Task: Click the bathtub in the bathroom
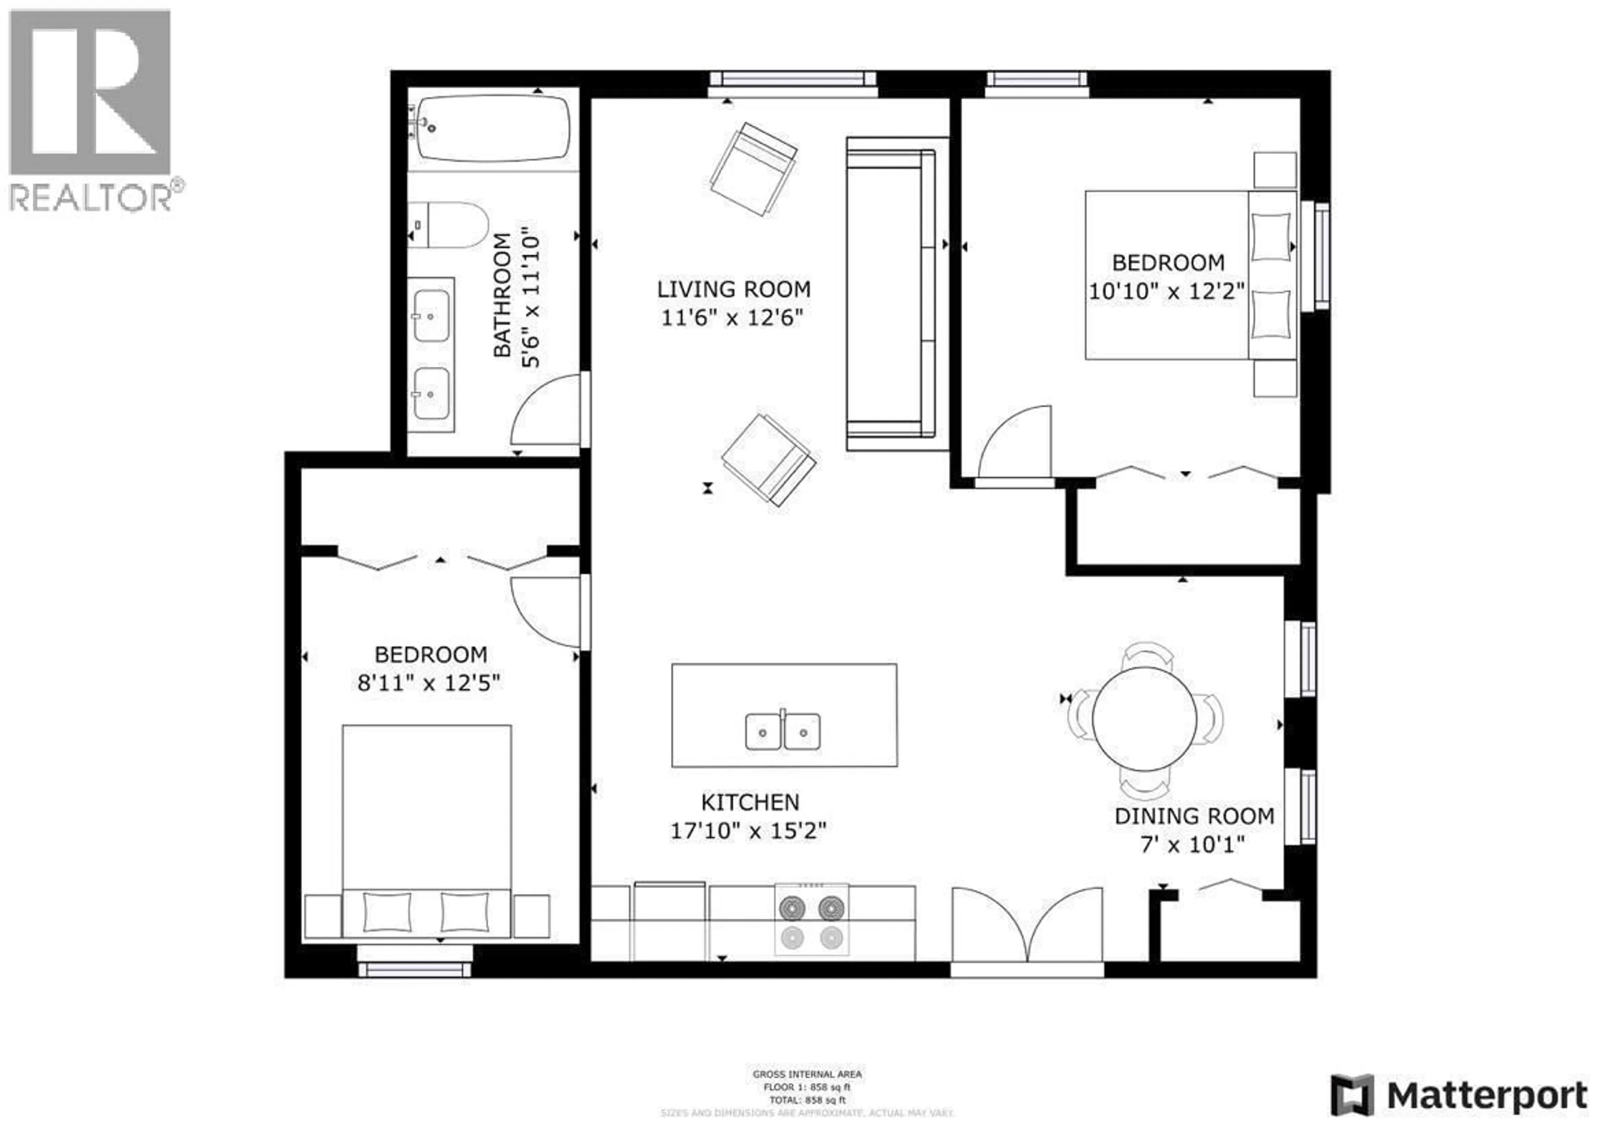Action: [x=493, y=129]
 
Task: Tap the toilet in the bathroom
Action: [x=450, y=225]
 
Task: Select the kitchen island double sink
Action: [x=782, y=732]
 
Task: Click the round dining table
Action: [x=1144, y=718]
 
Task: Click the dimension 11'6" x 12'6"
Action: [x=731, y=318]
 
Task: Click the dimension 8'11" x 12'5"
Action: [x=429, y=683]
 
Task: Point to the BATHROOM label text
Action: [x=501, y=296]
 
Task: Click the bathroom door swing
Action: [x=547, y=412]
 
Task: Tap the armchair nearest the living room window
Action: [x=753, y=169]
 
